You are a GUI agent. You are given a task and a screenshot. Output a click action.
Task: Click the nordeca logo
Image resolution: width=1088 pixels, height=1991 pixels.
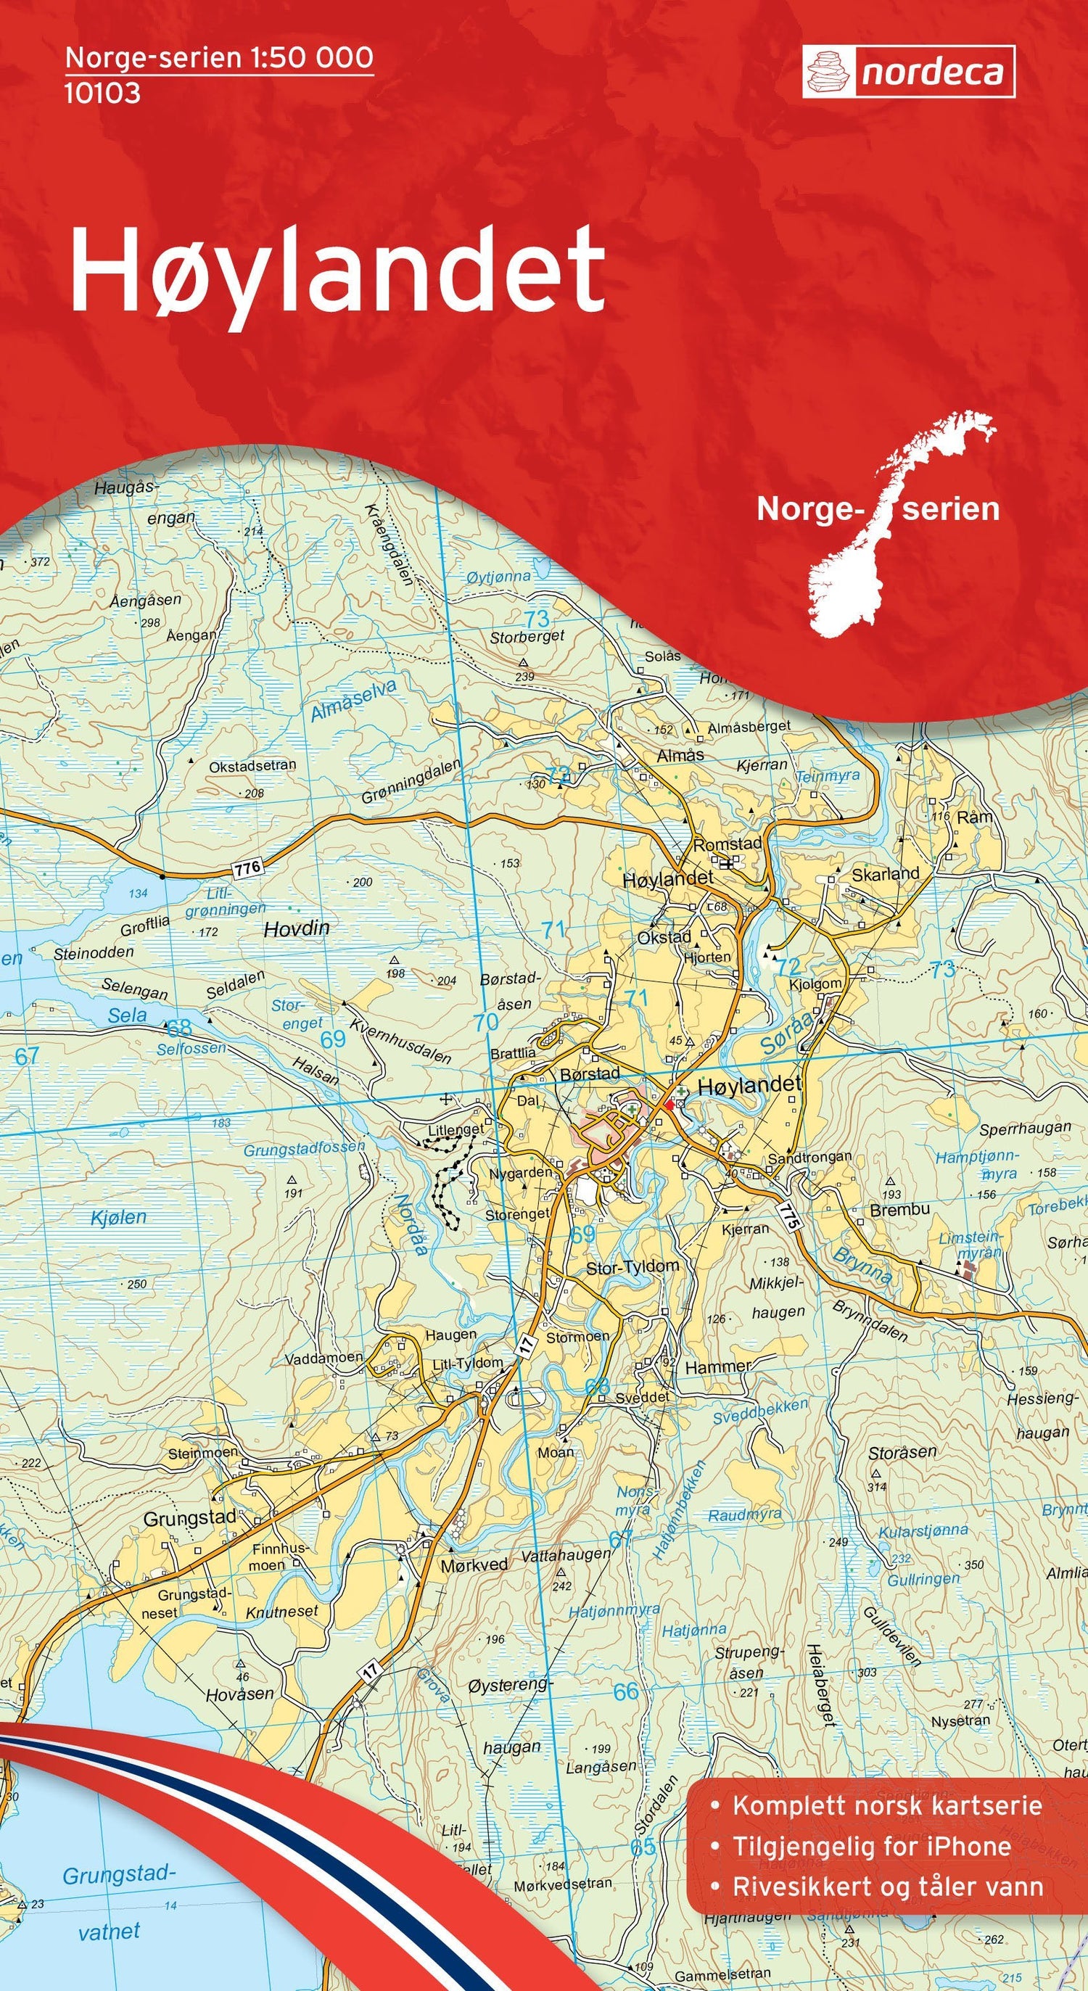point(908,72)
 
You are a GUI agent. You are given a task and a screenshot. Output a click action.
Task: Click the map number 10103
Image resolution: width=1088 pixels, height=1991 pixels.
point(102,93)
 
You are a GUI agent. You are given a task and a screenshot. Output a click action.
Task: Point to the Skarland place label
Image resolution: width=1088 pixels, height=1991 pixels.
point(885,874)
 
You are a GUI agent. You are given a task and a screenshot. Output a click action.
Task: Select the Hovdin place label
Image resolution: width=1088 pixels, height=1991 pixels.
point(297,928)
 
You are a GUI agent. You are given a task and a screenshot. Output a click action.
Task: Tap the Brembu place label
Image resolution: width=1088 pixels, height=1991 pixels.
point(899,1210)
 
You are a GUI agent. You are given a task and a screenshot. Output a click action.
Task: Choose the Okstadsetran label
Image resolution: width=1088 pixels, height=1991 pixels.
point(252,765)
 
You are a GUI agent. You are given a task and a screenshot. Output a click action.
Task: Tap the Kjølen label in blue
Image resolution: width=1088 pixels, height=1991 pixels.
point(118,1217)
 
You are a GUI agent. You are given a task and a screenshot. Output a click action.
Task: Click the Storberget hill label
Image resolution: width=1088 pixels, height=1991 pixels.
point(527,636)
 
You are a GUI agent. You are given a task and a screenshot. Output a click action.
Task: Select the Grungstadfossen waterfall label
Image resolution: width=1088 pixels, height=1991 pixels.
point(304,1148)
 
